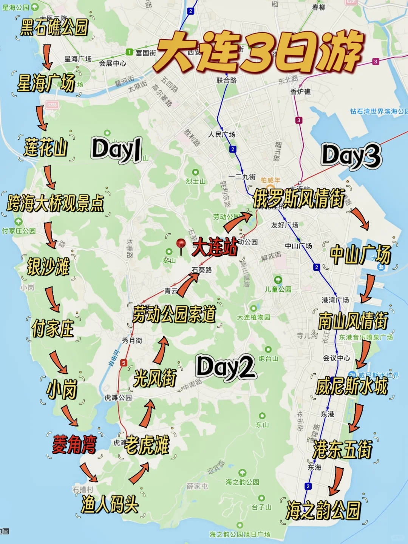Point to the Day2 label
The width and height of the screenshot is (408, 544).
(226, 367)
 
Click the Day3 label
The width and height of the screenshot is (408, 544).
(351, 156)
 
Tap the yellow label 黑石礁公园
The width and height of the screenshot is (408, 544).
(54, 27)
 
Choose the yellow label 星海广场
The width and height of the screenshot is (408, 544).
(46, 83)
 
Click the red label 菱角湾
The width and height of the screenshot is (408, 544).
(74, 444)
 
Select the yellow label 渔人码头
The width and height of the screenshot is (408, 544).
(110, 504)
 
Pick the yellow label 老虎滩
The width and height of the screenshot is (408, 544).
(147, 445)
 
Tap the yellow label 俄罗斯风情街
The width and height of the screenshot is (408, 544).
(298, 199)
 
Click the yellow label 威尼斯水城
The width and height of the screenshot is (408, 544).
(352, 386)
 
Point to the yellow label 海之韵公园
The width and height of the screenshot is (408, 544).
(323, 510)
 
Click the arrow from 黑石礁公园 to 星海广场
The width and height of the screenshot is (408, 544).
(47, 57)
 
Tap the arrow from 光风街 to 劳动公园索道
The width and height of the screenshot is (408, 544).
(162, 350)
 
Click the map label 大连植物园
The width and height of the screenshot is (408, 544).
(253, 317)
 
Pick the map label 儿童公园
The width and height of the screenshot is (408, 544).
(278, 289)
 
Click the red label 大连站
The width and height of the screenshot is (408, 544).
(215, 247)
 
